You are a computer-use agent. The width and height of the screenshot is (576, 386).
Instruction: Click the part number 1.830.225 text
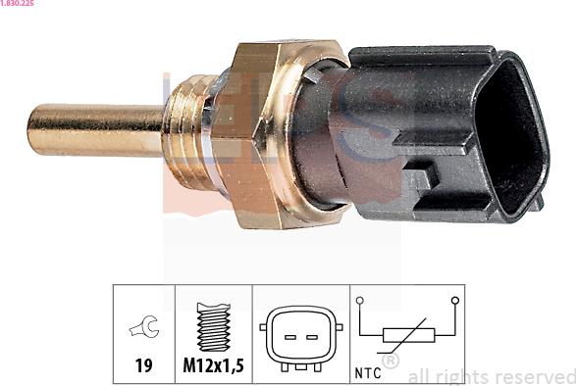[x=17, y=3]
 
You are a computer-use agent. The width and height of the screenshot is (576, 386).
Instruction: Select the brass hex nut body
[x=257, y=134]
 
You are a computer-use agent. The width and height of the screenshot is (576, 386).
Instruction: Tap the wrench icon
[x=144, y=326]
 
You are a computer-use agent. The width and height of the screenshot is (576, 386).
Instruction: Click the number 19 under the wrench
[x=143, y=365]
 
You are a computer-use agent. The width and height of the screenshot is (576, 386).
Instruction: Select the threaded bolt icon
[x=214, y=326]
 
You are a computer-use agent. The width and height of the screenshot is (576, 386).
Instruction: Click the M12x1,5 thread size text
[x=214, y=365]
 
